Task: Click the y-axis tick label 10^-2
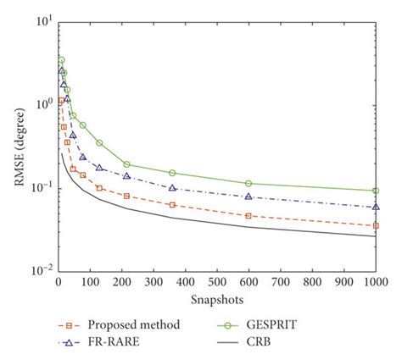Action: coord(41,271)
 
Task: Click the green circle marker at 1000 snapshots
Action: coord(376,191)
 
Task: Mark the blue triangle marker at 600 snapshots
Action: coord(248,197)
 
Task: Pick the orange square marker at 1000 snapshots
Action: coord(376,226)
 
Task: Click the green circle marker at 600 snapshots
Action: coord(248,183)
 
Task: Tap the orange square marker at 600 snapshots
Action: coord(248,216)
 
